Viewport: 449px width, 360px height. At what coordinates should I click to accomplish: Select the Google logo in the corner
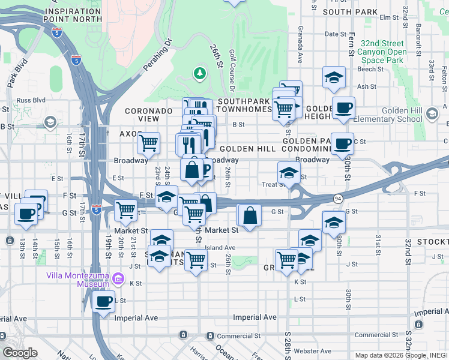20,353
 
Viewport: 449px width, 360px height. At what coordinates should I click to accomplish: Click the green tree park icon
199,73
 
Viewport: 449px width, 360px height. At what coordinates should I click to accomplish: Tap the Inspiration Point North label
73,15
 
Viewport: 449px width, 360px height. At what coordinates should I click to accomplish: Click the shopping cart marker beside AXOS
148,143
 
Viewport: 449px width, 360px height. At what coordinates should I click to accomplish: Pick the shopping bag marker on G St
250,215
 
